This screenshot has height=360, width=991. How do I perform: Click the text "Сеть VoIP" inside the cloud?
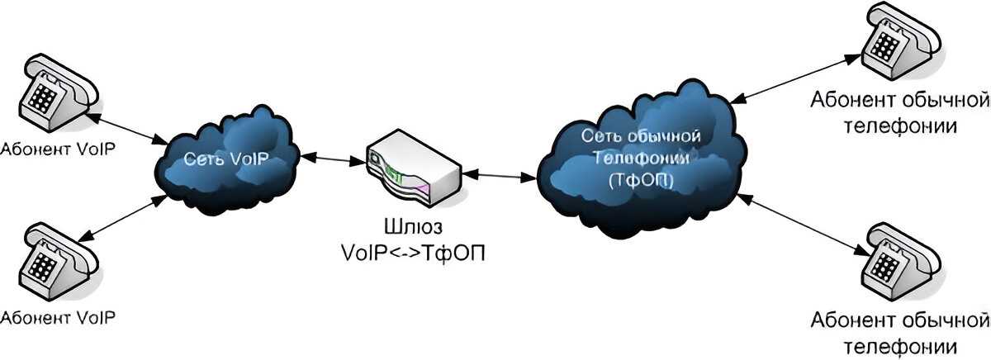click(226, 159)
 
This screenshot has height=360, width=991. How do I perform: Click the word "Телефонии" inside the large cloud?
click(635, 159)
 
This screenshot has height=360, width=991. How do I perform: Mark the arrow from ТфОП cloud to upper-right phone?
click(797, 79)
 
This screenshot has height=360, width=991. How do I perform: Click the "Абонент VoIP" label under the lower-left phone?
click(58, 317)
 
